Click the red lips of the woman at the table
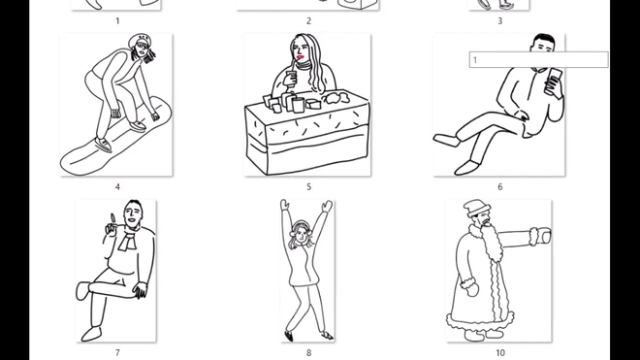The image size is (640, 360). pyautogui.click(x=301, y=57)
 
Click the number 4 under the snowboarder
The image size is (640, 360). pyautogui.click(x=117, y=187)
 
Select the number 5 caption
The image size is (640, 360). pyautogui.click(x=308, y=187)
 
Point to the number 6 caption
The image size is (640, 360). pyautogui.click(x=500, y=187)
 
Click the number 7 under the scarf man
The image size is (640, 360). pyautogui.click(x=117, y=352)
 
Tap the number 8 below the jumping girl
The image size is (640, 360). pyautogui.click(x=308, y=352)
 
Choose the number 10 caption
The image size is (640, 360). pyautogui.click(x=500, y=352)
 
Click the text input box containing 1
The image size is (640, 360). pyautogui.click(x=538, y=59)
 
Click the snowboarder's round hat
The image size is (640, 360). pyautogui.click(x=137, y=41)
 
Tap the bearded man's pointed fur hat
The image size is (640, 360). pyautogui.click(x=477, y=208)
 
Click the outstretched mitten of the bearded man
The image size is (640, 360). pyautogui.click(x=540, y=236)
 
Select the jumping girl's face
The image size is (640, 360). pyautogui.click(x=301, y=235)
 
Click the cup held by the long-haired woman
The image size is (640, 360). pyautogui.click(x=292, y=78)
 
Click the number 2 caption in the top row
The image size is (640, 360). pyautogui.click(x=308, y=20)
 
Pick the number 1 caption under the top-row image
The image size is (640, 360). pyautogui.click(x=117, y=20)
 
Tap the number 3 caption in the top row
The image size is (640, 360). pyautogui.click(x=500, y=20)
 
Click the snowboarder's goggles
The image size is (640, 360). pyautogui.click(x=142, y=45)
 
